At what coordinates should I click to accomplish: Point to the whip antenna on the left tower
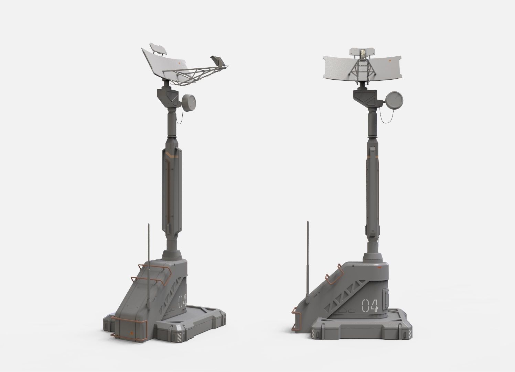tap(148, 261)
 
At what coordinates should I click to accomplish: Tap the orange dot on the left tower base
tap(131, 332)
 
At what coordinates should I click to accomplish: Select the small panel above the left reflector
tap(158, 49)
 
